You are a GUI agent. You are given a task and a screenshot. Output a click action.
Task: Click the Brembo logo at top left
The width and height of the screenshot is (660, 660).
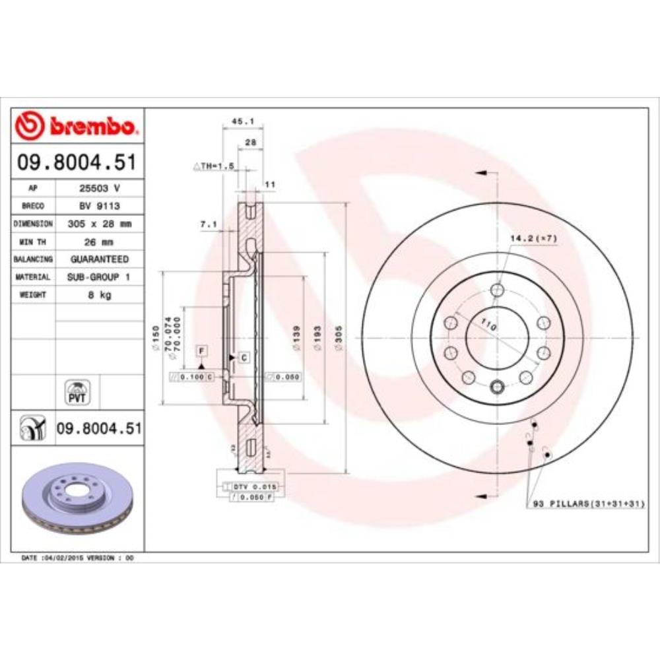[x=78, y=125]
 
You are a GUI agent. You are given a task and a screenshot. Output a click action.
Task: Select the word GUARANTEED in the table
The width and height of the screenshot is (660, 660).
[x=100, y=259]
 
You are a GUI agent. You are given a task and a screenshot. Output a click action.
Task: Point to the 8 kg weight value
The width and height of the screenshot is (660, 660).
[x=100, y=295]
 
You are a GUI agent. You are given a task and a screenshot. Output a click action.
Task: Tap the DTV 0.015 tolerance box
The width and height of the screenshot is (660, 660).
[x=255, y=486]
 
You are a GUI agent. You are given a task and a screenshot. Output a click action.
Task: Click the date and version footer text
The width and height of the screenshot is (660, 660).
[x=78, y=558]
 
